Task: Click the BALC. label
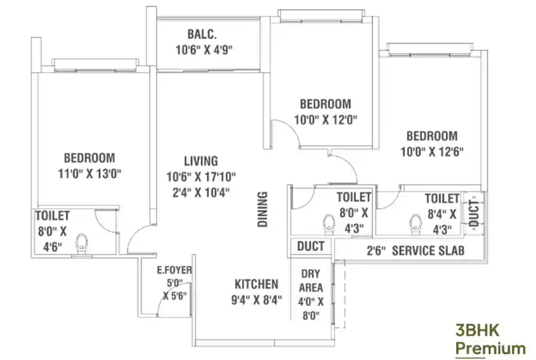[202, 34]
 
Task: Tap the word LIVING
[201, 161]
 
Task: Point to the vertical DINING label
[262, 209]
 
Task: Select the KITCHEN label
[257, 284]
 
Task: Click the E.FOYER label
[174, 270]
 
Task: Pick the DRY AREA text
[311, 281]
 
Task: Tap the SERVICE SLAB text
[428, 251]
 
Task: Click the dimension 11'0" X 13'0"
[90, 173]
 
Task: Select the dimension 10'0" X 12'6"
[432, 151]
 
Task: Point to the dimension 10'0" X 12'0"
[326, 120]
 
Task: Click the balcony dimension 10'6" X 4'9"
[204, 50]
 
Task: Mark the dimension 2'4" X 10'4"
[201, 192]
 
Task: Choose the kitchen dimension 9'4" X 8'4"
[257, 300]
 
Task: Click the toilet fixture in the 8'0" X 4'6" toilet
[82, 243]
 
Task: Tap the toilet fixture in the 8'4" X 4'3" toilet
[416, 225]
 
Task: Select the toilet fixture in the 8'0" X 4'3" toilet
[329, 225]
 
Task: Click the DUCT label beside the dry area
[311, 246]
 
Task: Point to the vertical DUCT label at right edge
[474, 213]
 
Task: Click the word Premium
[491, 349]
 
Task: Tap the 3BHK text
[477, 331]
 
